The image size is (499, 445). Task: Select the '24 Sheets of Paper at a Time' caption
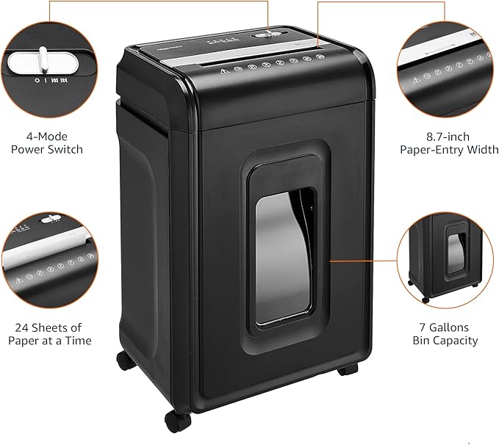[50, 333]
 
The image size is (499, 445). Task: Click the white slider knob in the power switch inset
[43, 59]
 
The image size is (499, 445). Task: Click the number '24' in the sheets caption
[24, 327]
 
